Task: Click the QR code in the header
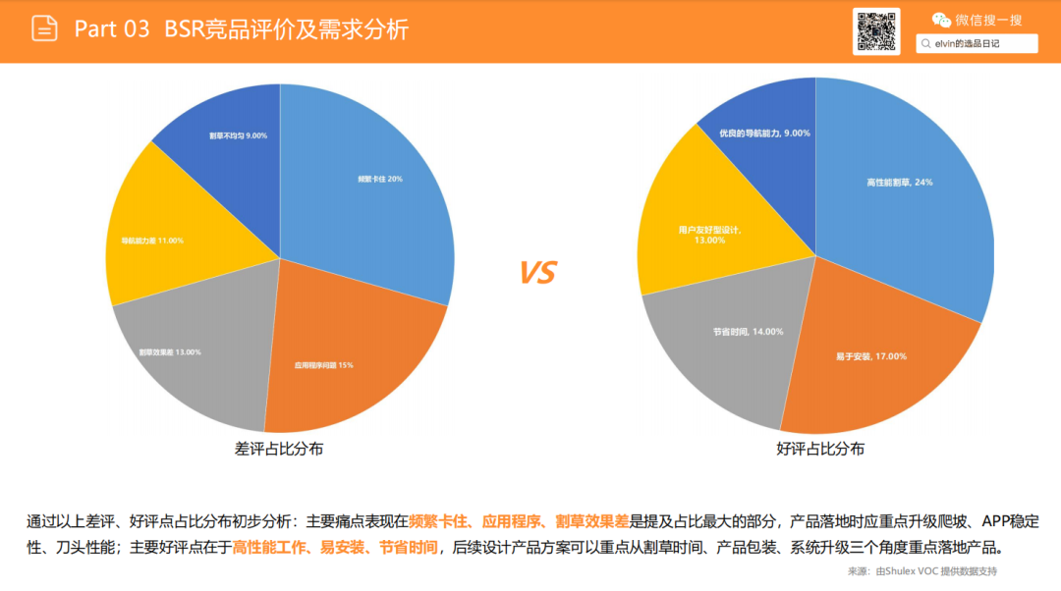click(x=875, y=31)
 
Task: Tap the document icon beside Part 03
click(x=44, y=28)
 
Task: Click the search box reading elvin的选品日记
click(x=977, y=43)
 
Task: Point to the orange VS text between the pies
click(x=537, y=273)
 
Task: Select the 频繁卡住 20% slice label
click(x=380, y=180)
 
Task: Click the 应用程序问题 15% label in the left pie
click(x=324, y=365)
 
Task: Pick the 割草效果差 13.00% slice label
click(x=169, y=351)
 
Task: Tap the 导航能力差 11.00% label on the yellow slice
click(x=152, y=241)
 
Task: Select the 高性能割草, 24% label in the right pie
click(x=899, y=182)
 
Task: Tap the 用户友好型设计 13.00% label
click(x=709, y=235)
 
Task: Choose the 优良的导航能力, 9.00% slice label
click(x=764, y=133)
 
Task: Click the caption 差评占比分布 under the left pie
click(x=279, y=449)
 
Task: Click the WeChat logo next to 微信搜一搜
click(x=941, y=20)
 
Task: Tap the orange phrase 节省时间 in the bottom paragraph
click(x=410, y=547)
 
